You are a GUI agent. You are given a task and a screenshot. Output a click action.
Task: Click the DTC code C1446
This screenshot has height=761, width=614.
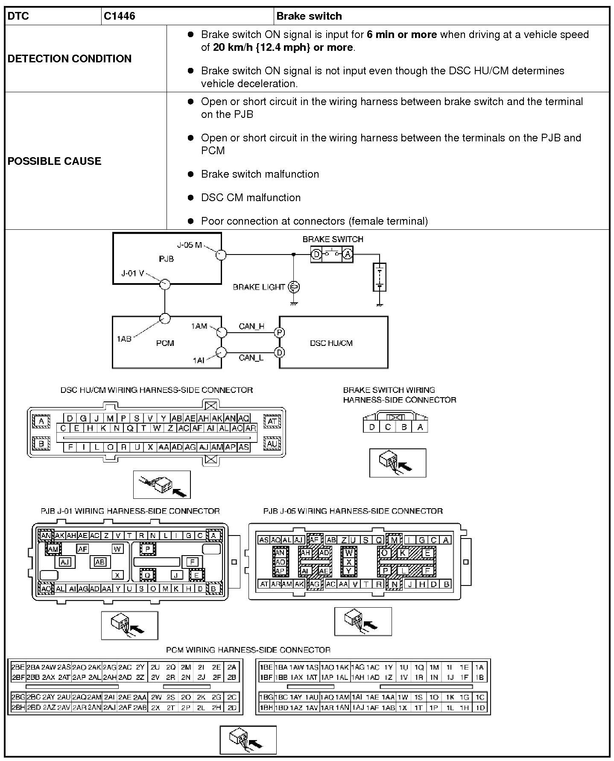pos(119,16)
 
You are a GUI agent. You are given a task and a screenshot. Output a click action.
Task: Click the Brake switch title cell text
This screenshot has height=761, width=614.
pos(309,16)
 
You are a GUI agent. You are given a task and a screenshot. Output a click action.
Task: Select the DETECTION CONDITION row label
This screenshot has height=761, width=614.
pos(70,59)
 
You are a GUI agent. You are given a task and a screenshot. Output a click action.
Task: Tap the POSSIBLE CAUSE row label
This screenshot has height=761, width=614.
pos(55,161)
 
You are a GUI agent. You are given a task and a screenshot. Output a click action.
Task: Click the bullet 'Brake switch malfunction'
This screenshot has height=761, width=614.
pos(260,174)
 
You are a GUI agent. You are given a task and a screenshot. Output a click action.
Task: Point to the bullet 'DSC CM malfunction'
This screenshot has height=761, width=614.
pos(251,198)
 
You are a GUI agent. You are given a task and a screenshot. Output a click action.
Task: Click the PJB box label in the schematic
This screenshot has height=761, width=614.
pos(166,259)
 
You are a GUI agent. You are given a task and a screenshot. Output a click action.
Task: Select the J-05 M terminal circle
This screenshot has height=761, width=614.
pos(220,255)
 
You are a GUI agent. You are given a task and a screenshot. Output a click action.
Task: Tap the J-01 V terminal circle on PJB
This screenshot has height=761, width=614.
pos(164,284)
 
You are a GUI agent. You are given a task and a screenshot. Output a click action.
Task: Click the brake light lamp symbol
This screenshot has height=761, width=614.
pos(294,287)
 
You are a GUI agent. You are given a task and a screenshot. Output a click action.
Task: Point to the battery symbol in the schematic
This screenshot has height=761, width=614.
pos(379,277)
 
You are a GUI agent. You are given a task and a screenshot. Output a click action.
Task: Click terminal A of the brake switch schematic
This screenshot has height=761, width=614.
pos(348,255)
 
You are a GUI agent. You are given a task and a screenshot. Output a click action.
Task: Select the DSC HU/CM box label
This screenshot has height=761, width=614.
pos(331,343)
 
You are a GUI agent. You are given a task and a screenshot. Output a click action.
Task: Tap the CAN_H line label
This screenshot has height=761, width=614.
pos(251,326)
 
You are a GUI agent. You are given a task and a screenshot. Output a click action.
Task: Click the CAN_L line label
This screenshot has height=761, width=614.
pos(251,358)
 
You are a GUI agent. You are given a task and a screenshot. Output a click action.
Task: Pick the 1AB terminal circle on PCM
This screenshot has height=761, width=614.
pos(164,319)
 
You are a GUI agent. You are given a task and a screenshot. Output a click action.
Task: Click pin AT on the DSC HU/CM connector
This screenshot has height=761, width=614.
pos(272,421)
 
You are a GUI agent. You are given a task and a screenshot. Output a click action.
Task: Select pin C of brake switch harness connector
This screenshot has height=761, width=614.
pos(388,427)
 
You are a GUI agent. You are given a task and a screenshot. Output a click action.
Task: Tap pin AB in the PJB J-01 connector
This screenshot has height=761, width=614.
pos(100,562)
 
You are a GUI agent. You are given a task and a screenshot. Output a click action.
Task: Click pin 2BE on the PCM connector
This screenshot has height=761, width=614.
pos(18,667)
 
